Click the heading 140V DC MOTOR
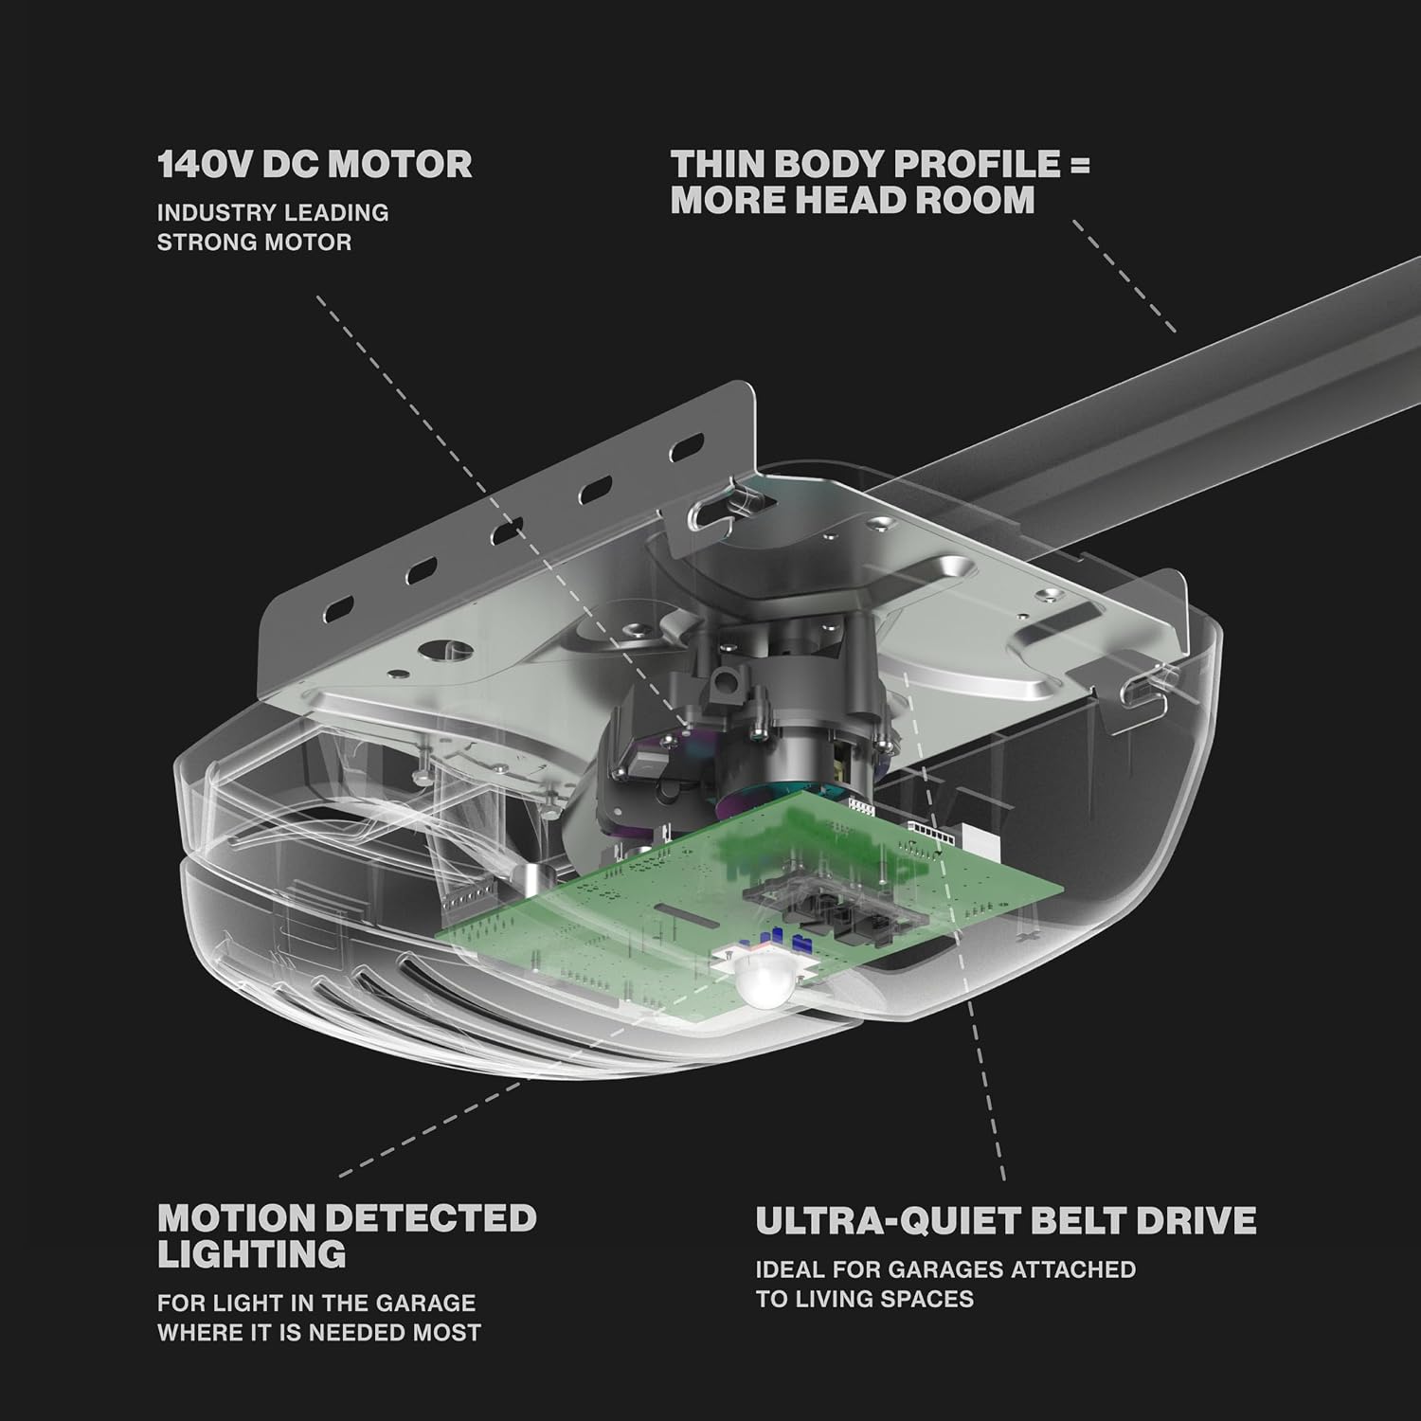[315, 164]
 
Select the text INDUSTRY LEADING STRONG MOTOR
[273, 226]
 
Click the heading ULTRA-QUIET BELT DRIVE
[1006, 1219]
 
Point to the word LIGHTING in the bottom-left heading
[252, 1253]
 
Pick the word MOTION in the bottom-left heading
[238, 1217]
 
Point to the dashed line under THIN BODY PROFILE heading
[1124, 277]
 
